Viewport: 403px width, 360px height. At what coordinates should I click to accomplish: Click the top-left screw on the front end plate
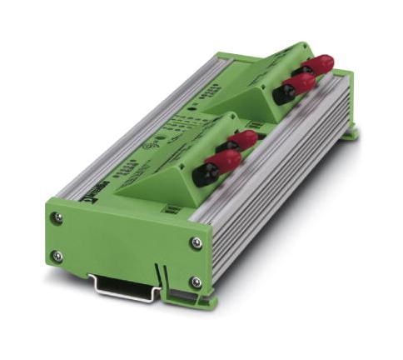click(57, 218)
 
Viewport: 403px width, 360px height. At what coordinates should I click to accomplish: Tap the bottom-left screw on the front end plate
click(56, 256)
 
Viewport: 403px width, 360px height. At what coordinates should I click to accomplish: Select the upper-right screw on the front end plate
click(196, 243)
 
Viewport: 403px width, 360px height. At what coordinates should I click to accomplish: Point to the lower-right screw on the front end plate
click(197, 282)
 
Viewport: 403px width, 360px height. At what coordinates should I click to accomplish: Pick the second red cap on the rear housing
click(301, 82)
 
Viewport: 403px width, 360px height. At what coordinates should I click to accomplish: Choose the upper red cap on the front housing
click(244, 139)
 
